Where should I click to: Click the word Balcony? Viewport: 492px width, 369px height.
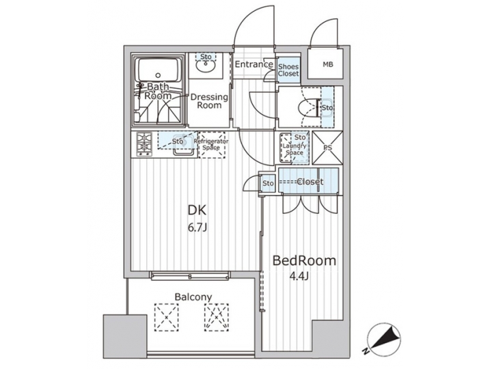pos(192,297)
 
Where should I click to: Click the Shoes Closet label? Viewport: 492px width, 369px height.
pos(288,70)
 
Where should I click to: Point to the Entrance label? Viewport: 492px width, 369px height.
pos(254,65)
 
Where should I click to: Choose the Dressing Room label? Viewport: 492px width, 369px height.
pos(209,100)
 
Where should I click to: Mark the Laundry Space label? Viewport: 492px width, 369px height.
pos(294,146)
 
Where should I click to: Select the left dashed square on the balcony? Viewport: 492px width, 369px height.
pos(165,316)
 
